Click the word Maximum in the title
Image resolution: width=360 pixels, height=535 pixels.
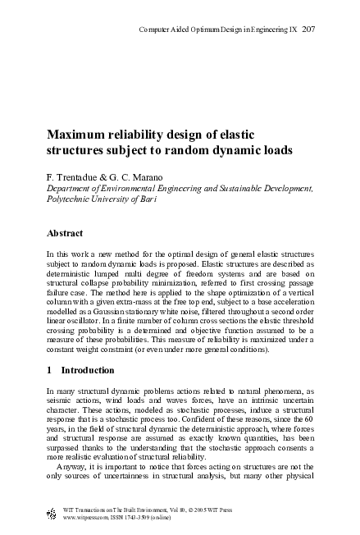tap(80, 135)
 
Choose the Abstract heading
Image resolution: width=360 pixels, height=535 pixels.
tap(66, 232)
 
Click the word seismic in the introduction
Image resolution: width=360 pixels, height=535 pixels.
tap(62, 403)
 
